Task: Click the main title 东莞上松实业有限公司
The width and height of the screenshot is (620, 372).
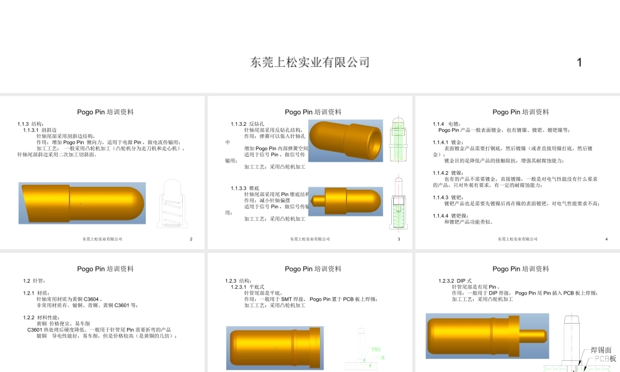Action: pyautogui.click(x=310, y=62)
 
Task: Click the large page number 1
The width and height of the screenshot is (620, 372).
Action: pyautogui.click(x=579, y=62)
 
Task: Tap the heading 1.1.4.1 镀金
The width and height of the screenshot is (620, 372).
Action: pyautogui.click(x=447, y=142)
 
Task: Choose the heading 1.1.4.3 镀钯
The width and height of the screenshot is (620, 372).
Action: pyautogui.click(x=447, y=197)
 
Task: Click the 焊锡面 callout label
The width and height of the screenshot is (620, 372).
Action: pyautogui.click(x=600, y=350)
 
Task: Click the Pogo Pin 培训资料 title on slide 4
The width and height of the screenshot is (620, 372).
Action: pyautogui.click(x=520, y=112)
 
